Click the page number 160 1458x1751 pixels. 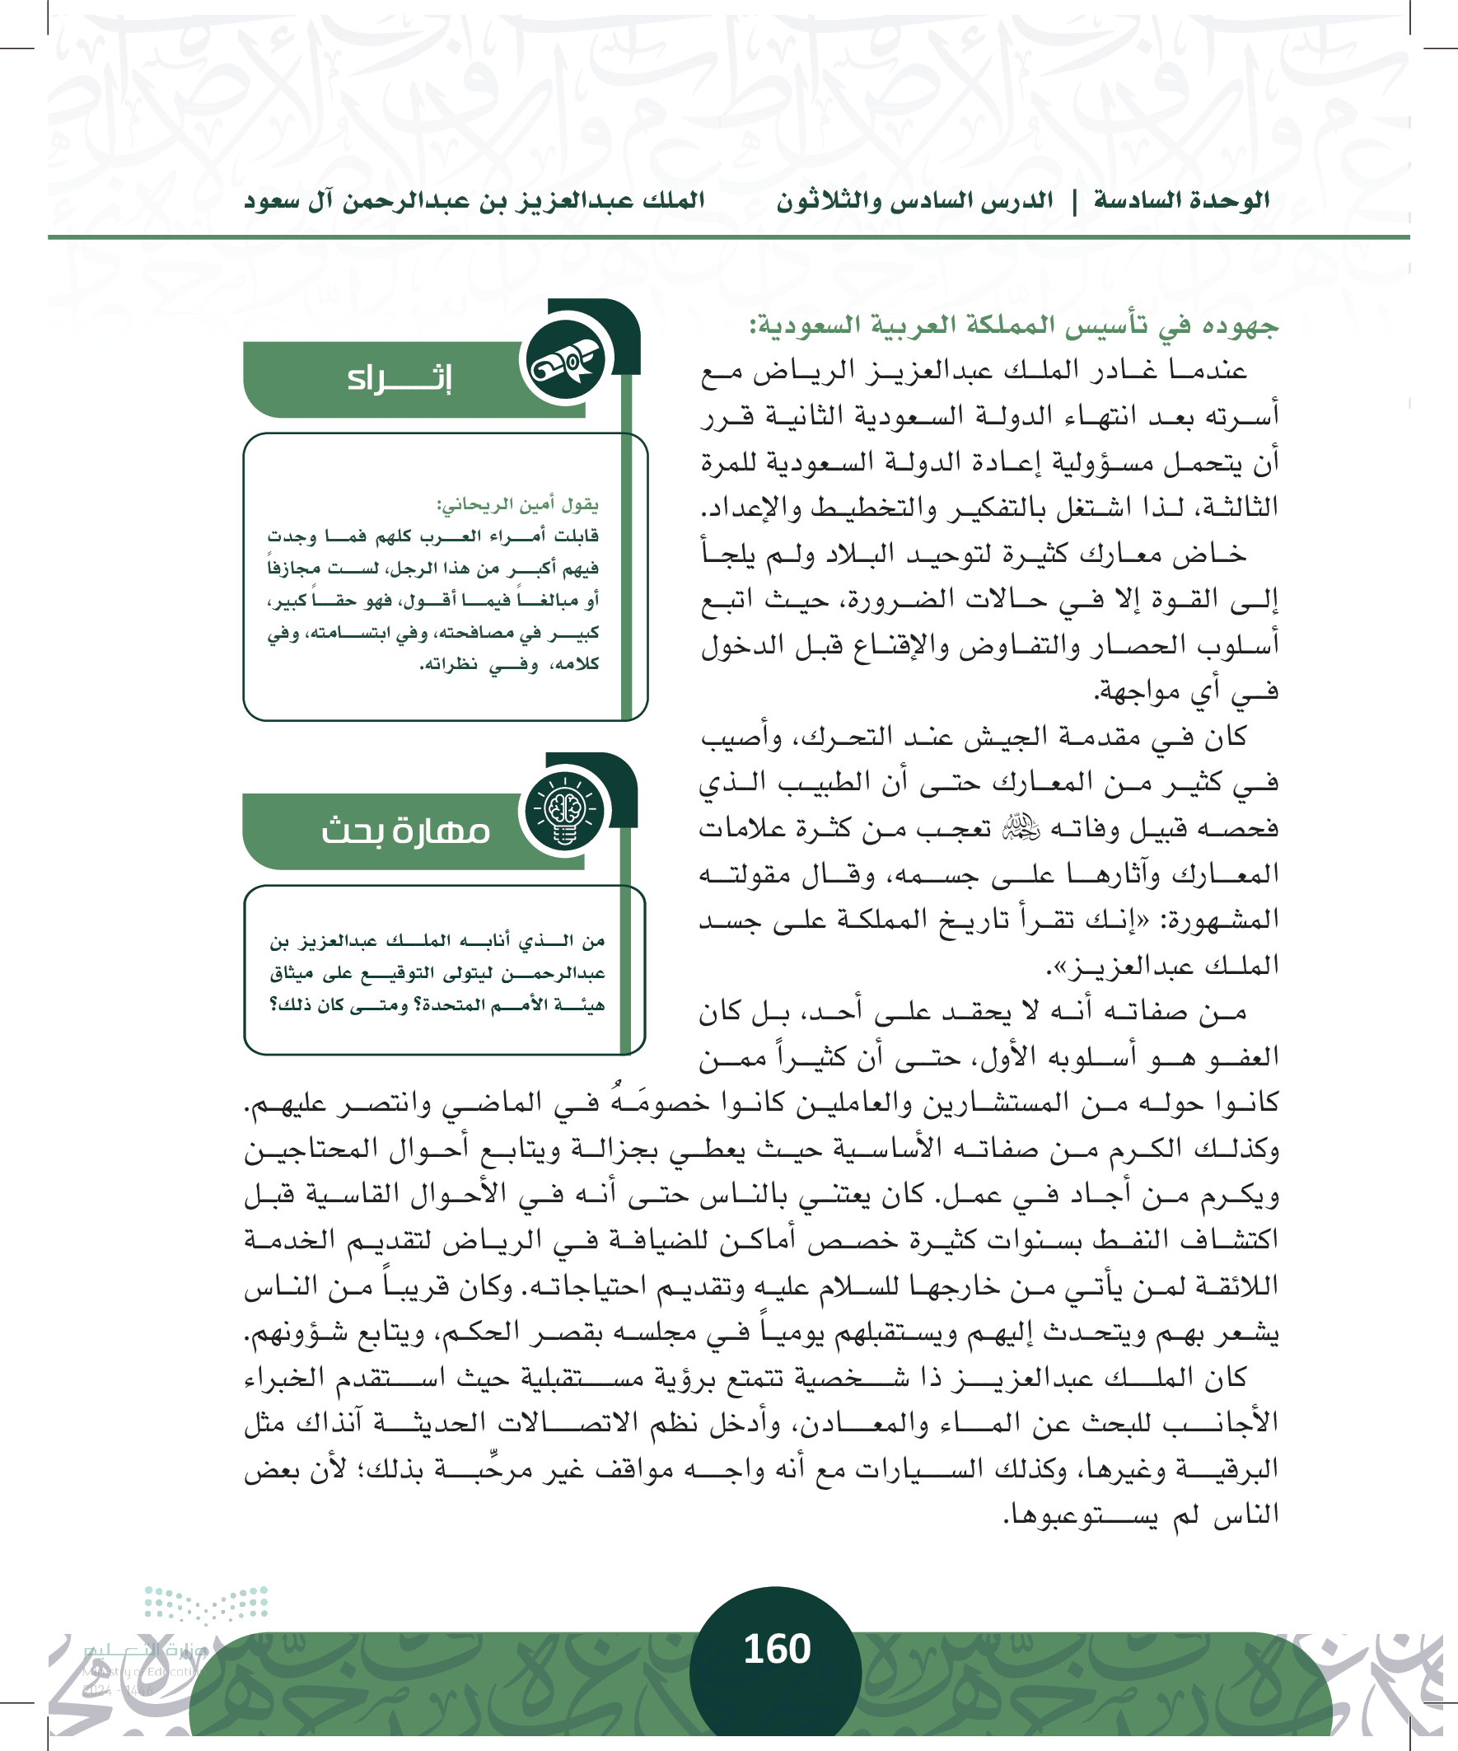tap(776, 1649)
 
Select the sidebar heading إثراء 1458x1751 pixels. tap(400, 378)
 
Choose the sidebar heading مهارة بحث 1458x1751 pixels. tap(405, 831)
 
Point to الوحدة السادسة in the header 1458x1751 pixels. tap(1181, 200)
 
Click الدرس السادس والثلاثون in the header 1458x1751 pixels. tap(914, 201)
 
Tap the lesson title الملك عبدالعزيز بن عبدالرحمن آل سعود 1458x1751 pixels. tap(474, 201)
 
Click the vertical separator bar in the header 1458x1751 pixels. tap(1073, 201)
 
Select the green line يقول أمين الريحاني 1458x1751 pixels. tap(516, 505)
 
